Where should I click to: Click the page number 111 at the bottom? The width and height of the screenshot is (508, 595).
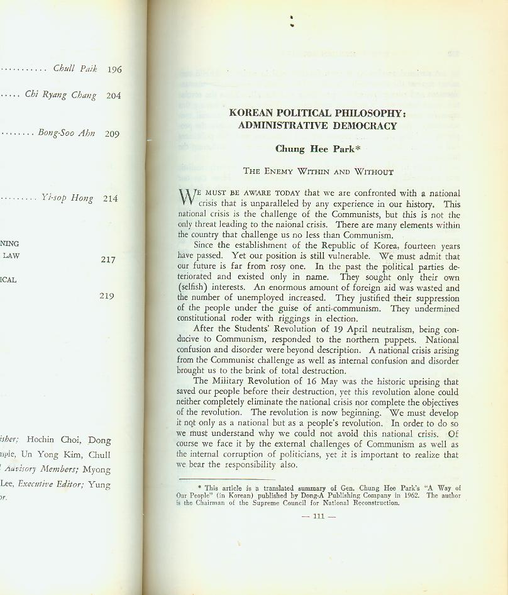point(319,516)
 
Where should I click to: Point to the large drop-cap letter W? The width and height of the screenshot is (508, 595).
point(187,197)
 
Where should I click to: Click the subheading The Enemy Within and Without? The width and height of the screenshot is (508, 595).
point(318,171)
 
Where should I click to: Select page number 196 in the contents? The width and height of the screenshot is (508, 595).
point(114,70)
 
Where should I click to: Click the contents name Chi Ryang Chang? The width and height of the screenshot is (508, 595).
point(60,95)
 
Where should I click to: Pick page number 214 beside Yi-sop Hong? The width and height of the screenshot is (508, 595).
point(110,199)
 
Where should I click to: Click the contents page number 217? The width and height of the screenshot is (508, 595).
point(108,259)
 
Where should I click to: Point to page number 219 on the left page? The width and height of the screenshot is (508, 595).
point(107,296)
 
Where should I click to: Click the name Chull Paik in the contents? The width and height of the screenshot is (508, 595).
point(75,69)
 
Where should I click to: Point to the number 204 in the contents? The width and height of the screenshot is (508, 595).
point(113,96)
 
